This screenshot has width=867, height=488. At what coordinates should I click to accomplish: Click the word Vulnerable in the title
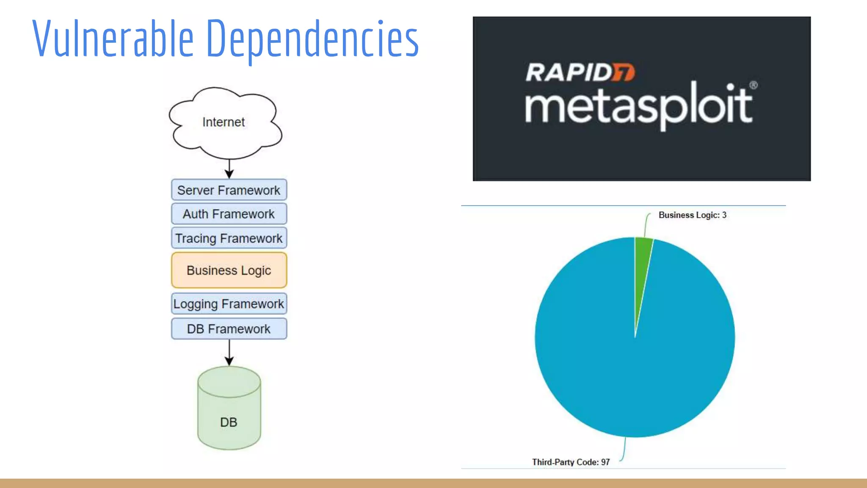113,39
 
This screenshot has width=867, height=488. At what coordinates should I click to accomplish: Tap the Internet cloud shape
224,122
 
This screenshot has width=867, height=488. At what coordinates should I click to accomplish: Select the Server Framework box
229,190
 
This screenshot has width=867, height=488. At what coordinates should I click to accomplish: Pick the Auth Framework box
229,214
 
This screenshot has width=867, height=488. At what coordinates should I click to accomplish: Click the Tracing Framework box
229,238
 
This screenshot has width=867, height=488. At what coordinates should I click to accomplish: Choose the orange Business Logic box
229,270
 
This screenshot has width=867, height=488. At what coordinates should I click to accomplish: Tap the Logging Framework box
229,304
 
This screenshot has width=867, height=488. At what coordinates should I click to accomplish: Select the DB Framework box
229,329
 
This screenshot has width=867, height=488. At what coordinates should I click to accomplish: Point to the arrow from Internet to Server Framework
229,169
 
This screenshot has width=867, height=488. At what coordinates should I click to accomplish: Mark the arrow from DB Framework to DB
229,352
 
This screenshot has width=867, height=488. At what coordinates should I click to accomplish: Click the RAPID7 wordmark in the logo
580,72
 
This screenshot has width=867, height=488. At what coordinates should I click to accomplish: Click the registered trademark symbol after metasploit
753,85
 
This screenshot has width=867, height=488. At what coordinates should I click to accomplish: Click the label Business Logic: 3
692,215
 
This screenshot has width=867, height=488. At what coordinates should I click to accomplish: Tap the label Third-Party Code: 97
571,462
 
